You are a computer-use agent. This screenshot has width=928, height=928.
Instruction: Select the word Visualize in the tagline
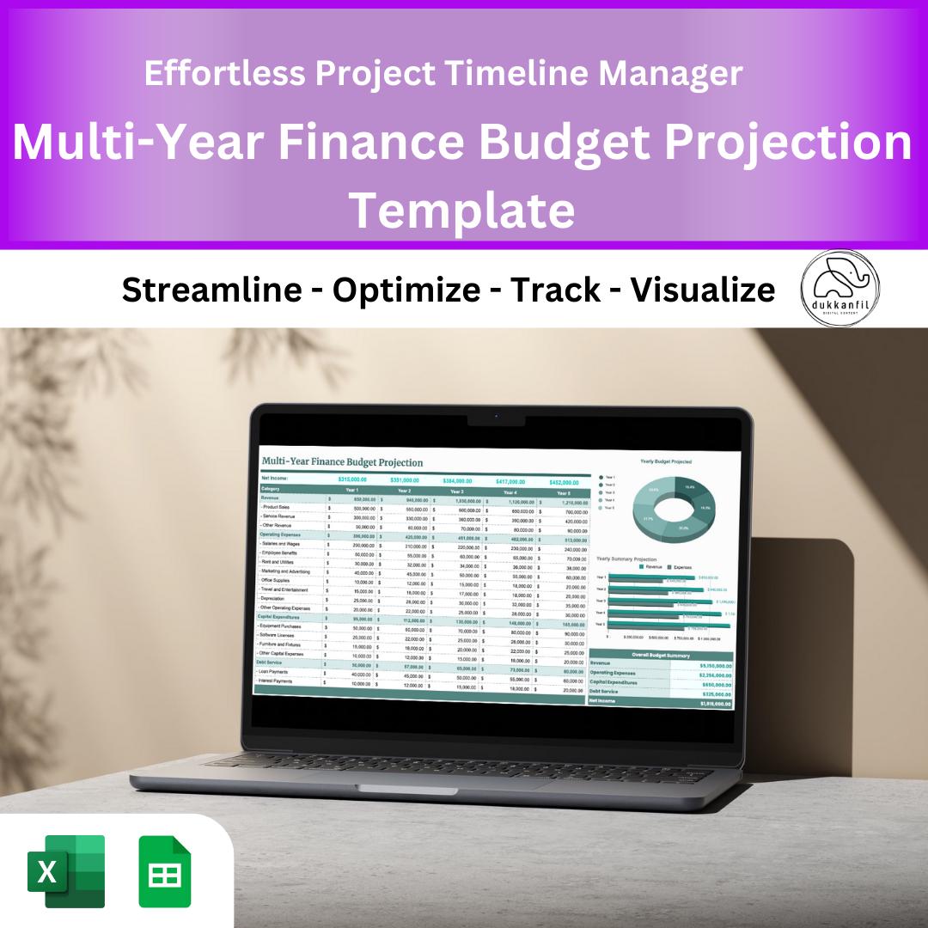tap(702, 290)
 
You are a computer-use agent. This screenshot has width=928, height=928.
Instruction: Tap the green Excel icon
tap(66, 871)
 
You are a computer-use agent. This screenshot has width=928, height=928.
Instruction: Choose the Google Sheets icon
tap(165, 871)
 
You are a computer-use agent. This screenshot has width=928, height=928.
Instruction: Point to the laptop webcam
tap(496, 417)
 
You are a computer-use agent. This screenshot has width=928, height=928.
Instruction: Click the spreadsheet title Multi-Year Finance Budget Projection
tap(342, 462)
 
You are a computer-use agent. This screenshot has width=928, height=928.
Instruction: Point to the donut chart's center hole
tap(673, 507)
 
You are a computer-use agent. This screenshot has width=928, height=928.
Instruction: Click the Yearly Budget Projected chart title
tap(665, 461)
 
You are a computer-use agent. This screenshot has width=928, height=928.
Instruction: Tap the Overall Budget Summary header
tap(659, 655)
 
